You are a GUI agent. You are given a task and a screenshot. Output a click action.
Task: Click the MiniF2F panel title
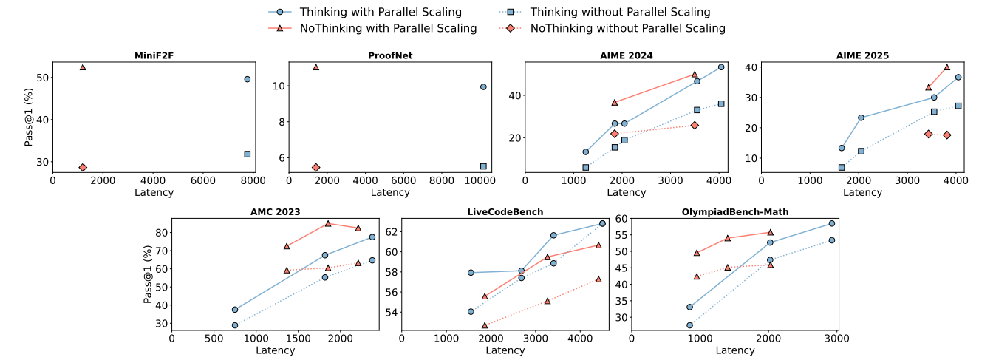click(154, 55)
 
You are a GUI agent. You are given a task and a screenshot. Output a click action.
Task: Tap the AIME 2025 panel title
click(862, 55)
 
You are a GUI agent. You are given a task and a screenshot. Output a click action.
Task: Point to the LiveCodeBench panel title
click(505, 211)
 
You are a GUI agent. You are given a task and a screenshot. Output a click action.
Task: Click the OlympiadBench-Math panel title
click(735, 211)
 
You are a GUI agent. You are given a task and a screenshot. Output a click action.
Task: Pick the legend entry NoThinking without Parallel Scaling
click(627, 28)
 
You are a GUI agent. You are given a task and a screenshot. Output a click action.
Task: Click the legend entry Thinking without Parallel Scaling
click(620, 12)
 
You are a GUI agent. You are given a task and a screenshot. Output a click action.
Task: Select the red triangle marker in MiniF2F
click(83, 67)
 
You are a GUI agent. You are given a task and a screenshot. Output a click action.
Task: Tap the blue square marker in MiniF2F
click(248, 154)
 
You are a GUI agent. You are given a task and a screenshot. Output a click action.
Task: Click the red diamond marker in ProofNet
click(316, 167)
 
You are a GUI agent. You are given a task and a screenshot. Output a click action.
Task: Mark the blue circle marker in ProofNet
click(483, 86)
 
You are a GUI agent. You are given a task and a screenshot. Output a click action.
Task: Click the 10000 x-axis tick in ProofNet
click(480, 180)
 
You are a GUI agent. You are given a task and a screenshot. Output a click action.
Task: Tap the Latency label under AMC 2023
click(275, 350)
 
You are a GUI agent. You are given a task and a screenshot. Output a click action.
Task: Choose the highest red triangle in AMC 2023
click(328, 223)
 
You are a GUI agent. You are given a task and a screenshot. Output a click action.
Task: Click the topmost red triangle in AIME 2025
click(947, 67)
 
